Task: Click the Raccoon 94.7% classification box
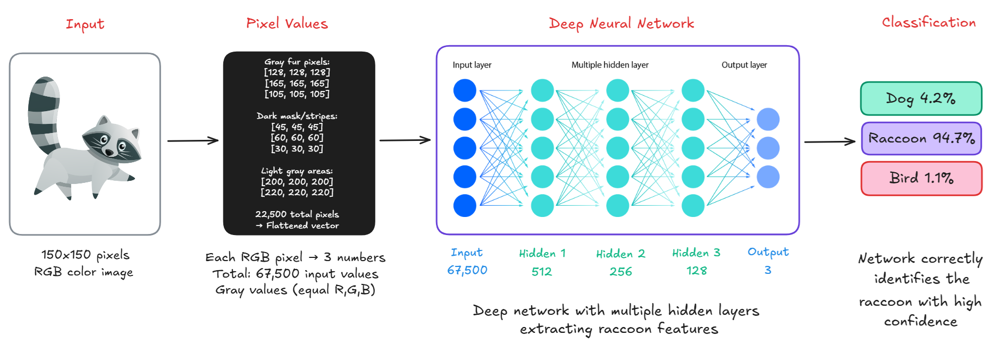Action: point(921,139)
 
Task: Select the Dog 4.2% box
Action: point(921,98)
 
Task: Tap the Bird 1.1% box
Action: point(921,179)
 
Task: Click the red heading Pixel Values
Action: point(287,23)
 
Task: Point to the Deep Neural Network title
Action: point(621,24)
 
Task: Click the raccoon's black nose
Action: point(109,153)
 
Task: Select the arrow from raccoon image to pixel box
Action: point(193,140)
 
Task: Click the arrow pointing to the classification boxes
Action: point(830,141)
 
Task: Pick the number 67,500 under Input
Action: point(467,270)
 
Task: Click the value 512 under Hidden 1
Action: point(542,271)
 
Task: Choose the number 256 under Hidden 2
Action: point(620,271)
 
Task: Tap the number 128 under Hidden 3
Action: point(696,271)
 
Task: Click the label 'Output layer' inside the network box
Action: point(744,65)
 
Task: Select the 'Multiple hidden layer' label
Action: point(610,65)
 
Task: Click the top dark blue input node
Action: point(465,90)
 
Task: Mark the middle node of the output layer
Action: point(768,148)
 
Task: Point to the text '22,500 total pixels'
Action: point(297,214)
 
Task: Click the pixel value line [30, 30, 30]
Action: point(297,148)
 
